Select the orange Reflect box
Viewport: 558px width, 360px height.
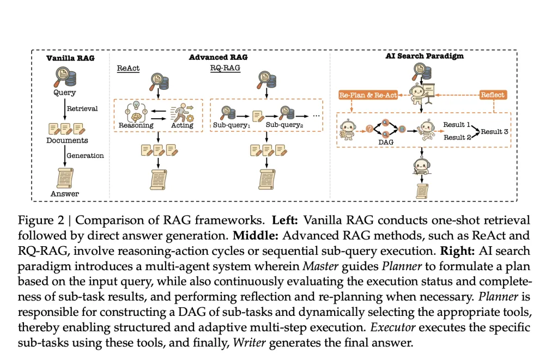click(493, 95)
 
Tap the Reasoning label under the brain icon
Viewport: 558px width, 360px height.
click(136, 125)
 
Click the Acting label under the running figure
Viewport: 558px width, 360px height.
click(182, 125)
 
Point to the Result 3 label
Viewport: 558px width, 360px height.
click(494, 131)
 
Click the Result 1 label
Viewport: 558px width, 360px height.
click(456, 125)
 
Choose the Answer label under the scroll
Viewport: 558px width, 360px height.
click(65, 193)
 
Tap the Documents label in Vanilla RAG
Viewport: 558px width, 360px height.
click(67, 140)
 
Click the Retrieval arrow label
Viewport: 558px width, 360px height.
click(82, 108)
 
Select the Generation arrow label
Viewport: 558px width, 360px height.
click(85, 155)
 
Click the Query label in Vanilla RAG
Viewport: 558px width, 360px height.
click(65, 93)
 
